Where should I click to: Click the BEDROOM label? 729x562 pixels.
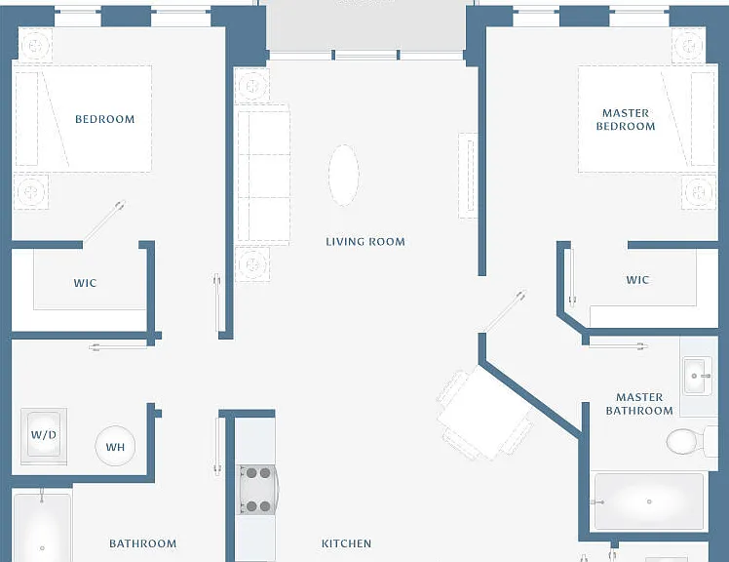105,119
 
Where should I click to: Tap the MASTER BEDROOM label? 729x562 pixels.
626,120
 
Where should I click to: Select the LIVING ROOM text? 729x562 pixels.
365,242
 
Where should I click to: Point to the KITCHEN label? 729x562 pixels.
346,543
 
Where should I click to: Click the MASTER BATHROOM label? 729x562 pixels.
639,404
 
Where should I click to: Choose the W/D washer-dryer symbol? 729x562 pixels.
44,436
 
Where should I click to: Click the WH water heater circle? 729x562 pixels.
115,446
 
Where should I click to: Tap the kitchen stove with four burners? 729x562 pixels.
257,490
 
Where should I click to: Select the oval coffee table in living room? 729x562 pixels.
344,175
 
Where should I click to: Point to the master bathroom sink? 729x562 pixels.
698,376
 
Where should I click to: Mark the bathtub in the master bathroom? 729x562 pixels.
649,502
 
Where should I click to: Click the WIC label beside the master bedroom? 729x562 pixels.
637,280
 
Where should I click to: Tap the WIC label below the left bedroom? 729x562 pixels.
85,283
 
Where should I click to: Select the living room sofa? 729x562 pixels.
263,175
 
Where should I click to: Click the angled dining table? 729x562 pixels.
484,412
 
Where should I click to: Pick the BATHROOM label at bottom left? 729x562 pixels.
142,543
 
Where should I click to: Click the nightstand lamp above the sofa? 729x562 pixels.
252,86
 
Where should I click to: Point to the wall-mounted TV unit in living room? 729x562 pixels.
468,176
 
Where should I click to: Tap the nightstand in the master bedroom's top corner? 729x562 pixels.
689,46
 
